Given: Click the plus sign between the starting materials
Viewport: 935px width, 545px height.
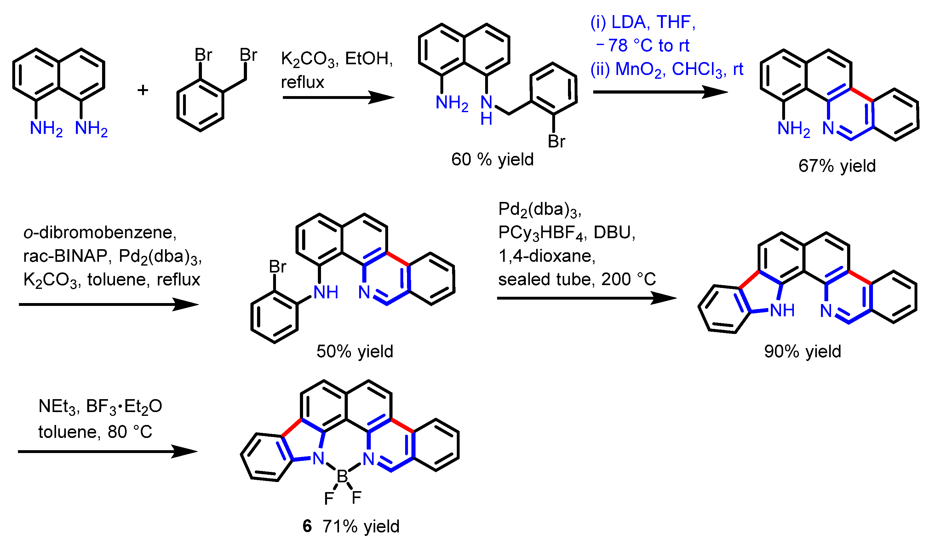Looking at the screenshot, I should pyautogui.click(x=143, y=90).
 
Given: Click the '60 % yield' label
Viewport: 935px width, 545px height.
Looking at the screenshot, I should pyautogui.click(x=492, y=159).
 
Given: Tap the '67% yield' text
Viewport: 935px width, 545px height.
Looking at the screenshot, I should pyautogui.click(x=837, y=166).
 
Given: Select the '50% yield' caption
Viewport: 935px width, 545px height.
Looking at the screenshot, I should pyautogui.click(x=355, y=351).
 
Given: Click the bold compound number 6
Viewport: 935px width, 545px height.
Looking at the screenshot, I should pyautogui.click(x=307, y=526).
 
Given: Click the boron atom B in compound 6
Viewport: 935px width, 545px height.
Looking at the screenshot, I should pyautogui.click(x=342, y=476).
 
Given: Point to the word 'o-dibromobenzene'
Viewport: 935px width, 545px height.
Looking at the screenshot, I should pyautogui.click(x=100, y=232).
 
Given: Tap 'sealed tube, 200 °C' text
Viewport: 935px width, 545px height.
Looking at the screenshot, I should pyautogui.click(x=577, y=279).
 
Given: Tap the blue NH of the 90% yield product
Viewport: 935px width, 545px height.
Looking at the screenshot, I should pyautogui.click(x=782, y=310).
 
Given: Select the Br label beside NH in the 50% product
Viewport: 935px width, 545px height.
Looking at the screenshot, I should pyautogui.click(x=278, y=267).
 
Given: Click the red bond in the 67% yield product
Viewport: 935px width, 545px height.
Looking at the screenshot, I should pyautogui.click(x=862, y=95).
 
